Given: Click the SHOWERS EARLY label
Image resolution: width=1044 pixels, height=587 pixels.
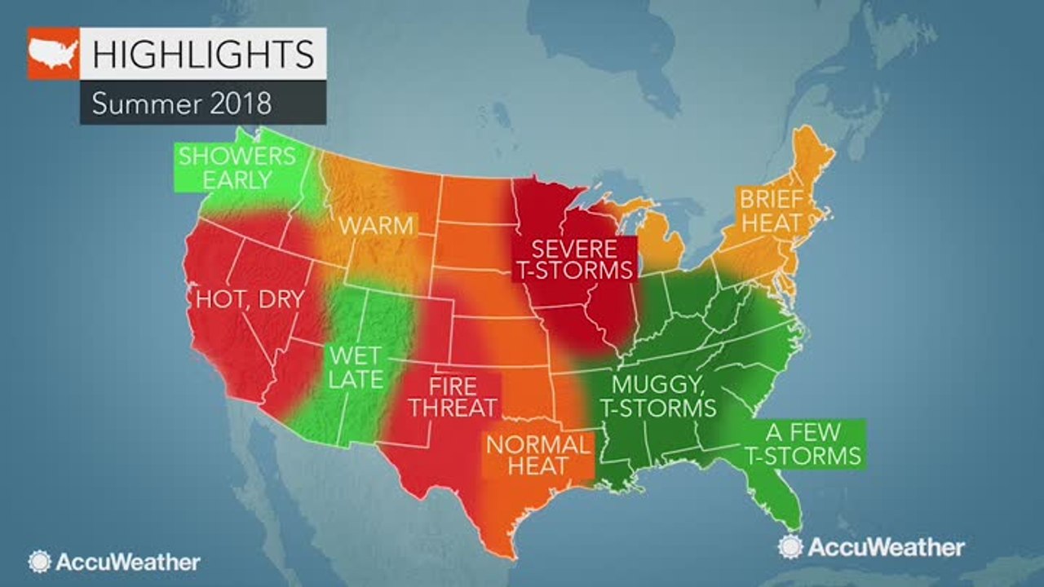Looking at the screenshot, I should (x=237, y=168).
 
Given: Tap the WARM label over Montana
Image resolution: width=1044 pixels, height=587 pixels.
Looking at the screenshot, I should (x=376, y=225).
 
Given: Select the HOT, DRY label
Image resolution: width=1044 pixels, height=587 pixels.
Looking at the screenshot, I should (x=249, y=298).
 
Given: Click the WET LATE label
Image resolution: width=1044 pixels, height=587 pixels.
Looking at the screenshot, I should (x=356, y=367).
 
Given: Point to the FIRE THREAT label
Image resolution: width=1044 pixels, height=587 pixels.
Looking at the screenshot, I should (x=453, y=395).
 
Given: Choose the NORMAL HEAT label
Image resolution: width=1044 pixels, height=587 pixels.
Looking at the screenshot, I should (x=537, y=457).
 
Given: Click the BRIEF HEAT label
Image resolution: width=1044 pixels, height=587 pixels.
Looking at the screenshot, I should (x=771, y=210).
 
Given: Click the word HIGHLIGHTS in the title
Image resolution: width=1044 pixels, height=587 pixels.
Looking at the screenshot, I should (x=203, y=54).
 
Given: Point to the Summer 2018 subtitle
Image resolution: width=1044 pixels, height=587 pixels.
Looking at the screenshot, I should (x=181, y=104).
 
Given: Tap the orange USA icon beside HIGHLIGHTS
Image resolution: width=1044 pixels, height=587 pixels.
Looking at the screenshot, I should (x=54, y=54).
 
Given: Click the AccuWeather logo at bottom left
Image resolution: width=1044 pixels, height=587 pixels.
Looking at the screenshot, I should (x=114, y=562).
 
